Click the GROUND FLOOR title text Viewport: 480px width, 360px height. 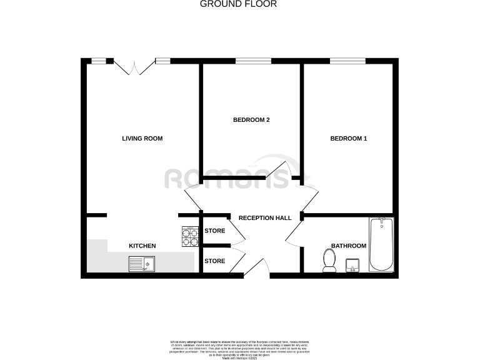pyautogui.click(x=238, y=4)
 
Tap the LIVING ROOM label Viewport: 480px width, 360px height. pyautogui.click(x=142, y=138)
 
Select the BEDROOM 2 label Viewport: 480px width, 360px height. pyautogui.click(x=251, y=119)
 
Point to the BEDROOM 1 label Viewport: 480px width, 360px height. pyautogui.click(x=348, y=138)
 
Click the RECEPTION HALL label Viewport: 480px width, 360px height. pyautogui.click(x=265, y=218)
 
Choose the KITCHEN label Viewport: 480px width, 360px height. pyautogui.click(x=142, y=246)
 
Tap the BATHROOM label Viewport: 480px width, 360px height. pyautogui.click(x=348, y=246)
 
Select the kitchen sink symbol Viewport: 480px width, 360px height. pyautogui.click(x=142, y=265)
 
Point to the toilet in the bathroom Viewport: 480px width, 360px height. pyautogui.click(x=328, y=260)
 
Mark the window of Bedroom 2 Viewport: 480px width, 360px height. pyautogui.click(x=253, y=61)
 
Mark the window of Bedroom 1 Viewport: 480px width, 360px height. pyautogui.click(x=347, y=61)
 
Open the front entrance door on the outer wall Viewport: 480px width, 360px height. pyautogui.click(x=256, y=267)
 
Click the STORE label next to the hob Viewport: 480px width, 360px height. pyautogui.click(x=214, y=231)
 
